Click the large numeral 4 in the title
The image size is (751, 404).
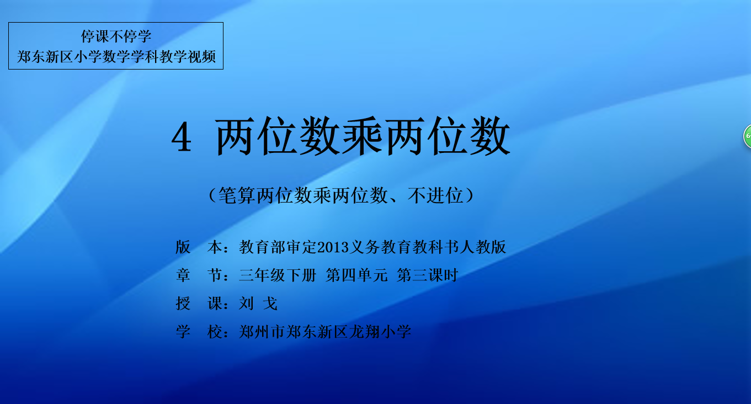point(182,136)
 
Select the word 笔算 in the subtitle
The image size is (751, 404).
point(237,195)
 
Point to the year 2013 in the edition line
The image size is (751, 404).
point(333,247)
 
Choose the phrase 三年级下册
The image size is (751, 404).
point(278,275)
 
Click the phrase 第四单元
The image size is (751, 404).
point(356,275)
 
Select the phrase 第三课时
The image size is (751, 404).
point(428,275)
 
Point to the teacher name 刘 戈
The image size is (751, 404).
point(258,304)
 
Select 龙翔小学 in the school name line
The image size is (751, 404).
point(380,332)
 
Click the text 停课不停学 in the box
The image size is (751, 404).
point(116,36)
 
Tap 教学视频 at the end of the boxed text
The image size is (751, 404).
point(188,57)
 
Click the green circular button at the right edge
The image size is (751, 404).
point(748,136)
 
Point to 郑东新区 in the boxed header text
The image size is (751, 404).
point(45,57)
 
